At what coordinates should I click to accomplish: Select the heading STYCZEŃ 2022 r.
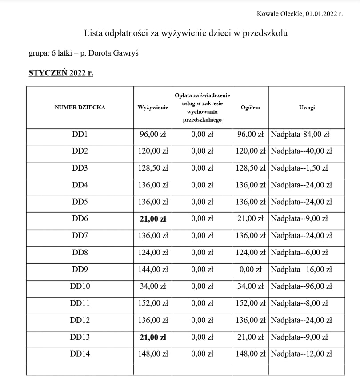[x=61, y=73]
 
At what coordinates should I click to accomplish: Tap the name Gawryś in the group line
[x=126, y=53]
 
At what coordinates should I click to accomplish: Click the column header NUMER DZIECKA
[x=80, y=107]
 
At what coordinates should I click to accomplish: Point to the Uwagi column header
[x=307, y=107]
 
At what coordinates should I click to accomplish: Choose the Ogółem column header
[x=250, y=107]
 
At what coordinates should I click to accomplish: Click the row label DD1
[x=80, y=134]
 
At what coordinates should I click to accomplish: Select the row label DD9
[x=80, y=270]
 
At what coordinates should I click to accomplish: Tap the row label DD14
[x=80, y=354]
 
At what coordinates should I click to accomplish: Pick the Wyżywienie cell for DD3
[x=152, y=168]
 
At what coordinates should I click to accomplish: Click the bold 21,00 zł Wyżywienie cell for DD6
[x=152, y=218]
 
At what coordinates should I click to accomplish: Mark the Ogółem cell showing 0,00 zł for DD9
[x=250, y=270]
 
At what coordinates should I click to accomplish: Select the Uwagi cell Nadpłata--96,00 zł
[x=301, y=286]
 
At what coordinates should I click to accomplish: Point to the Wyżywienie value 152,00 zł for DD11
[x=152, y=303]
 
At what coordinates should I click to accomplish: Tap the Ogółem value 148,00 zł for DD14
[x=250, y=354]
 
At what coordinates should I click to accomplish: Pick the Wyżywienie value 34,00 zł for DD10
[x=152, y=286]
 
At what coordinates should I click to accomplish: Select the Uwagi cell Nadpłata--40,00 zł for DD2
[x=301, y=151]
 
